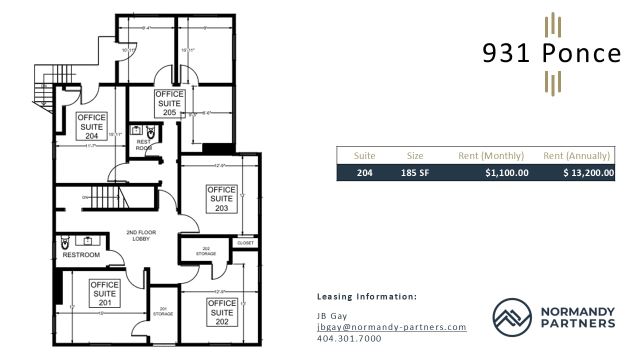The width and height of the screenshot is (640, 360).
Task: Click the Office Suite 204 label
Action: [x=92, y=126]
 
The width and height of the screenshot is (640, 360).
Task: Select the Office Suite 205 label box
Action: [x=169, y=103]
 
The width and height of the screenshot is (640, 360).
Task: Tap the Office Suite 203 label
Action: [x=221, y=198]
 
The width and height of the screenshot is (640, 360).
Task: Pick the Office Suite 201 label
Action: [x=105, y=293]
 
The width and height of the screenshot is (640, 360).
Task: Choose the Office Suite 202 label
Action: [x=222, y=312]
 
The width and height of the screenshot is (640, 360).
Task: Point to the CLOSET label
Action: [x=245, y=243]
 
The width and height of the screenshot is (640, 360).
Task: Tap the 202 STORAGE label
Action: [x=206, y=251]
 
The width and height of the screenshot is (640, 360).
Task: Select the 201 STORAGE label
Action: [x=163, y=311]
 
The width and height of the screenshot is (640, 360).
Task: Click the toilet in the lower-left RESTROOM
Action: [x=64, y=244]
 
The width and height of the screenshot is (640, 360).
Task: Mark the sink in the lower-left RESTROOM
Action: [x=88, y=241]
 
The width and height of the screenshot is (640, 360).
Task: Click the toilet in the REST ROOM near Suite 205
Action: [x=151, y=133]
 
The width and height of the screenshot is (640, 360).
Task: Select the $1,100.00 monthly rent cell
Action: [x=506, y=173]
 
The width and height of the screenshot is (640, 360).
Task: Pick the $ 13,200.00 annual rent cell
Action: [x=588, y=173]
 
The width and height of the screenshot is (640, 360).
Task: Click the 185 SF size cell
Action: [x=414, y=173]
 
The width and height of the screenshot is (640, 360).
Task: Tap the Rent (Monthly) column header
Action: [x=491, y=155]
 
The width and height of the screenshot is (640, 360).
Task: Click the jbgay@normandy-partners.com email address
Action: [x=391, y=327]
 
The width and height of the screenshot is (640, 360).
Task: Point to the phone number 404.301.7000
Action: [x=349, y=338]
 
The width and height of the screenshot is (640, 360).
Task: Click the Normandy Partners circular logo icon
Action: [x=511, y=317]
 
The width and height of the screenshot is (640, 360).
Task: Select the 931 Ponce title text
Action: [x=551, y=53]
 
